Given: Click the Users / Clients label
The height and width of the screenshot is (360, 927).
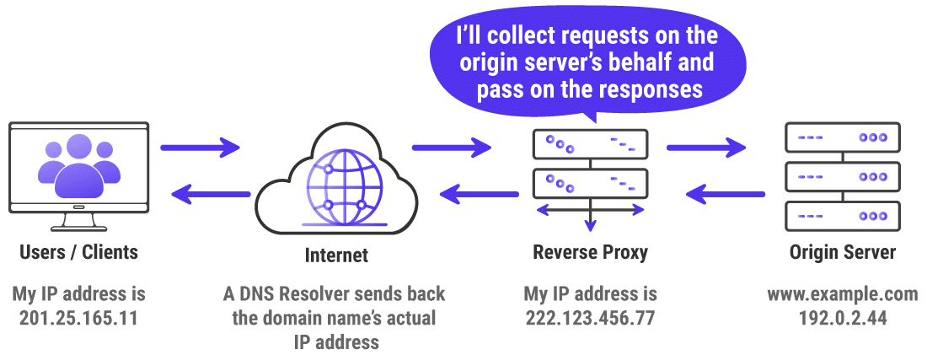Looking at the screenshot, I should pos(78,251).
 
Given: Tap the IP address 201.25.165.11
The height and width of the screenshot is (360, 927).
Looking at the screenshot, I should pos(78,318).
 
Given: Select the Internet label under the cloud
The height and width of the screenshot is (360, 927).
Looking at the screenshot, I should pos(336,255).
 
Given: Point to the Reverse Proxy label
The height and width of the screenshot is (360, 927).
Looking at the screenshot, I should pos(591,251).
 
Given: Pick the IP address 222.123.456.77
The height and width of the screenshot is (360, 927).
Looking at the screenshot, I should pos(591,318).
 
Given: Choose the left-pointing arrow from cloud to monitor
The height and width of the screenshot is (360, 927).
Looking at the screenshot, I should pos(211,195).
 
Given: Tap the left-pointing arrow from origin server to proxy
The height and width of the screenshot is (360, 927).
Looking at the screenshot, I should pos(725,195).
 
